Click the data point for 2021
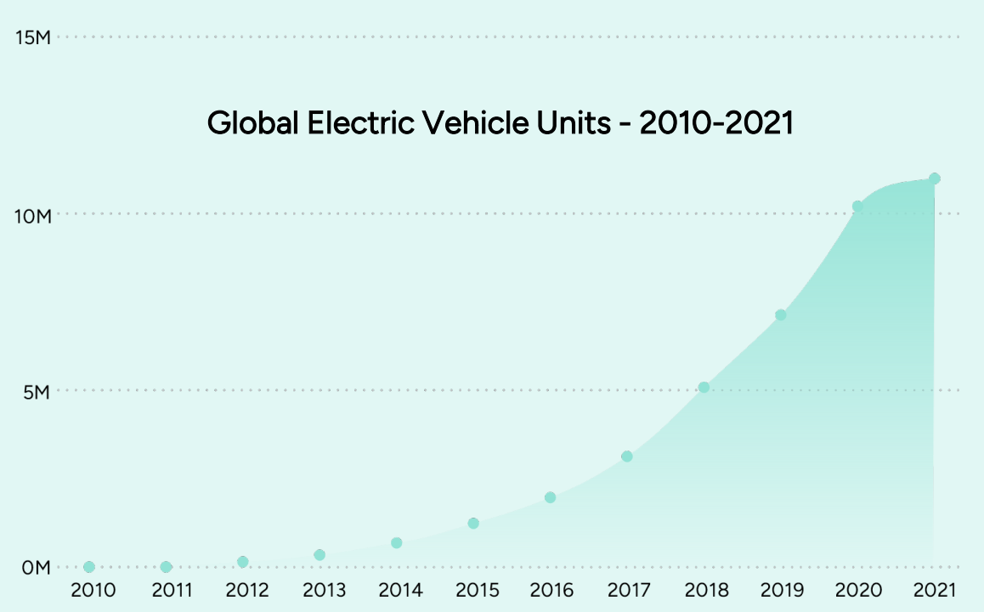click(935, 178)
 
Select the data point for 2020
click(857, 207)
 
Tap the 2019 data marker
click(781, 315)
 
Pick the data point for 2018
click(704, 388)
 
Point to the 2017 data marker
click(627, 456)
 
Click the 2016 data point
click(550, 497)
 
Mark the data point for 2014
click(397, 543)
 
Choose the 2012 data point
click(243, 562)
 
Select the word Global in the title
click(252, 123)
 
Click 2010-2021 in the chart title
click(716, 123)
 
